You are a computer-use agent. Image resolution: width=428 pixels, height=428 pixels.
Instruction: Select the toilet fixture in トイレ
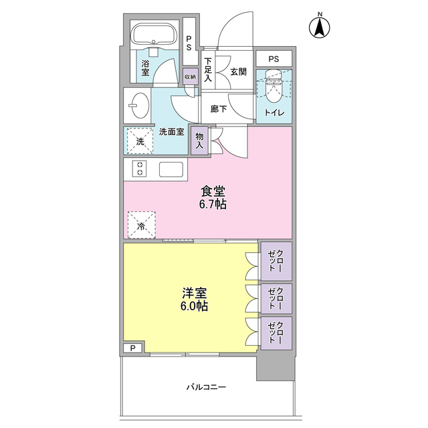(274, 86)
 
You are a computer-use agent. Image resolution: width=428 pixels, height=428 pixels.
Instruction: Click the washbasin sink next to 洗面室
(139, 106)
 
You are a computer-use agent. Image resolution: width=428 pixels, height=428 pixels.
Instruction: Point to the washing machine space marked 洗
(140, 141)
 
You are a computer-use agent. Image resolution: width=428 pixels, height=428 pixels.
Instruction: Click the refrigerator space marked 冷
(142, 225)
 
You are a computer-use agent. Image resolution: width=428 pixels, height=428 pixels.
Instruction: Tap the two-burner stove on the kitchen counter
(140, 169)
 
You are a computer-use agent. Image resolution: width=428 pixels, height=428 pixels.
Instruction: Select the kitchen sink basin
(171, 169)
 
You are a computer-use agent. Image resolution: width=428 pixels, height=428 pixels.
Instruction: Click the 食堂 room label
(213, 191)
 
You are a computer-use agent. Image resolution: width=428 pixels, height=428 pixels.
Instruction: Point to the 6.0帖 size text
(194, 306)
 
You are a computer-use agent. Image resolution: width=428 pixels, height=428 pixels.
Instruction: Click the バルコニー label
(206, 387)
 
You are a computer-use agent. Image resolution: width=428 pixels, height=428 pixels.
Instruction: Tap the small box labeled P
(133, 348)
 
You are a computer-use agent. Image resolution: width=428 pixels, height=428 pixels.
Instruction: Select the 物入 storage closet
(199, 141)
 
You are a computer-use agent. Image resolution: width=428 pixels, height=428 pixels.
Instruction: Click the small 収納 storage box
(190, 76)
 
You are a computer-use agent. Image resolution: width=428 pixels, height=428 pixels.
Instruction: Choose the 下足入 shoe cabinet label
(208, 70)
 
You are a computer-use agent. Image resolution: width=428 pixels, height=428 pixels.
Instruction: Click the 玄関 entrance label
(238, 72)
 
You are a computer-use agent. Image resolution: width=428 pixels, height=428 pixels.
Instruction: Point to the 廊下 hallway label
(219, 109)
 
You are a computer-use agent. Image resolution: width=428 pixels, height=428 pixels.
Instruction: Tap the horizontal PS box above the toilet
(274, 59)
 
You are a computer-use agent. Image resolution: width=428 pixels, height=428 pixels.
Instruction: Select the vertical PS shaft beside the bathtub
(189, 41)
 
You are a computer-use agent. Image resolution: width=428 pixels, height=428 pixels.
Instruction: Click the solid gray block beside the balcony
(276, 365)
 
